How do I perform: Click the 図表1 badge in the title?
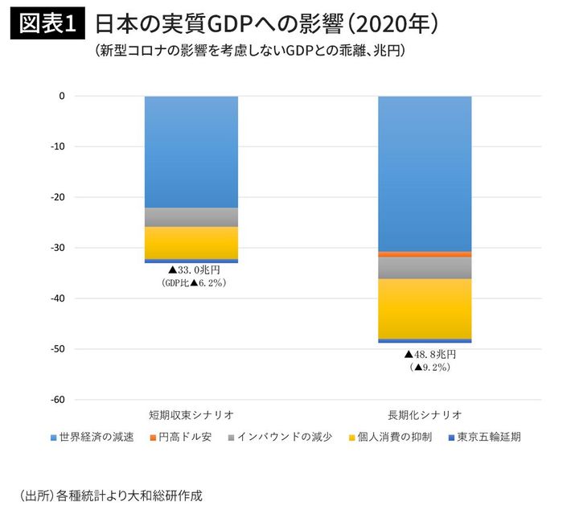coord(45,24)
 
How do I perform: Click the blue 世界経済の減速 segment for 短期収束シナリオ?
coord(191,151)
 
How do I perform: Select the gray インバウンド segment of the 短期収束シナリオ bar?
coord(191,217)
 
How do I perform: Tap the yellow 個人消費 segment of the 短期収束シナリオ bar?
coord(191,243)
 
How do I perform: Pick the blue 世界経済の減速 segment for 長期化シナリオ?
coord(425,173)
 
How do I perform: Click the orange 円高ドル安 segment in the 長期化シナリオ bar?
coord(425,254)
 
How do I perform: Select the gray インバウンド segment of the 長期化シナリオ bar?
coord(425,268)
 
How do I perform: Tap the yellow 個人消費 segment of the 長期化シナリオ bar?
coord(425,309)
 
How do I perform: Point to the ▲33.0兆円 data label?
coord(194,271)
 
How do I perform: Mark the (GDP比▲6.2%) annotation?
coord(194,284)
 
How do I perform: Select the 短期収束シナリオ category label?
coord(191,415)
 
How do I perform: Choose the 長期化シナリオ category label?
coord(425,415)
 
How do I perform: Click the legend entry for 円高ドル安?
coord(185,438)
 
